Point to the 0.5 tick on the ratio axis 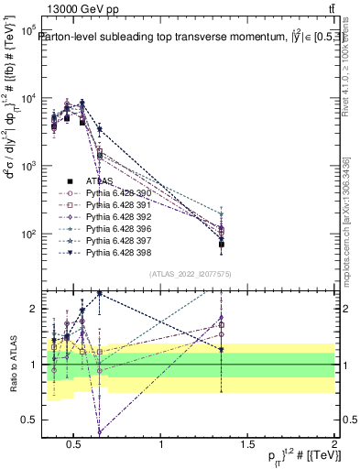[27, 420]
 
